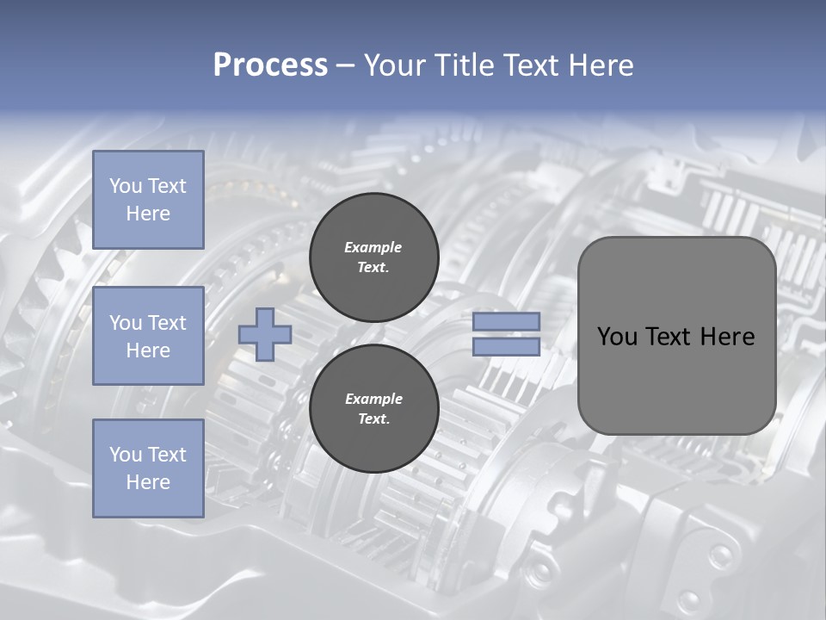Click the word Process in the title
(x=270, y=65)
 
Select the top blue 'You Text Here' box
(x=148, y=200)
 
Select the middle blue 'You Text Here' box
(x=148, y=336)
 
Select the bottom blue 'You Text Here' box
(x=148, y=468)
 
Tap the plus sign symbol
(x=265, y=333)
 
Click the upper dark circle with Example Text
(x=373, y=257)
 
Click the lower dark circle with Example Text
(x=373, y=409)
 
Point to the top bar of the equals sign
(x=506, y=321)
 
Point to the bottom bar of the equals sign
(x=506, y=347)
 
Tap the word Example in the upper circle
(x=373, y=247)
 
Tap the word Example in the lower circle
(x=373, y=399)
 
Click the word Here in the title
(x=601, y=65)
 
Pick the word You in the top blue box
(x=125, y=186)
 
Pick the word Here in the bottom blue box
(x=148, y=482)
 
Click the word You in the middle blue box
(x=125, y=323)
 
